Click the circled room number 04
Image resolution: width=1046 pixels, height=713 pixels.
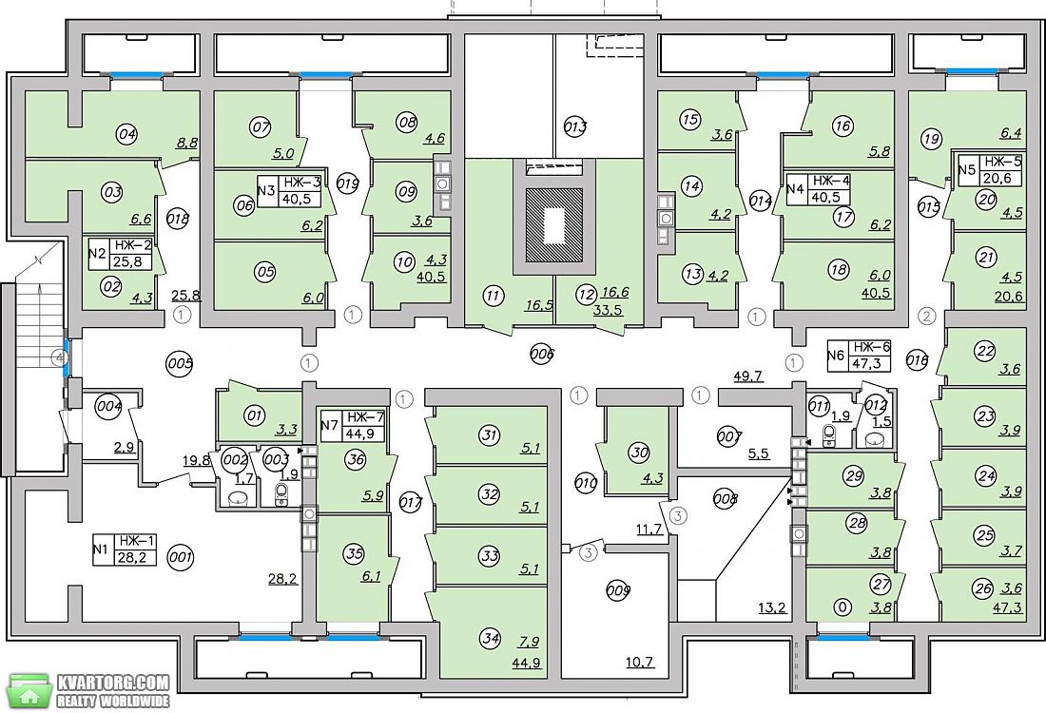pos(126,135)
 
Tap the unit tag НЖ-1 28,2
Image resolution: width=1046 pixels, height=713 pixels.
pos(125,549)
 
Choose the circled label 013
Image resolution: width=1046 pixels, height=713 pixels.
pos(575,126)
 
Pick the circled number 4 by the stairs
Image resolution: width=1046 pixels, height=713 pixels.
pos(62,358)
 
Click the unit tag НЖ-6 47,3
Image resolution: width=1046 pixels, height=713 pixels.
pos(860,356)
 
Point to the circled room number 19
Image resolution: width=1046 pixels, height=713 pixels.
pos(932,140)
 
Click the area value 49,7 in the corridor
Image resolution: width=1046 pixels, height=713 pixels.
pos(747,376)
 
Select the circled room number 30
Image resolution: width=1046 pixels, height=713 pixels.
pos(639,453)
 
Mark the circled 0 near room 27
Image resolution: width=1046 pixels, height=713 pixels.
pos(843,607)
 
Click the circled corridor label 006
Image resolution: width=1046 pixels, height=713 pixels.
pos(542,355)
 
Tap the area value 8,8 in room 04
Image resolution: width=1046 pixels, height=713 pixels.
pos(185,142)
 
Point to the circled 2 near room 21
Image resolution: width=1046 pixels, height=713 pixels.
pos(926,317)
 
